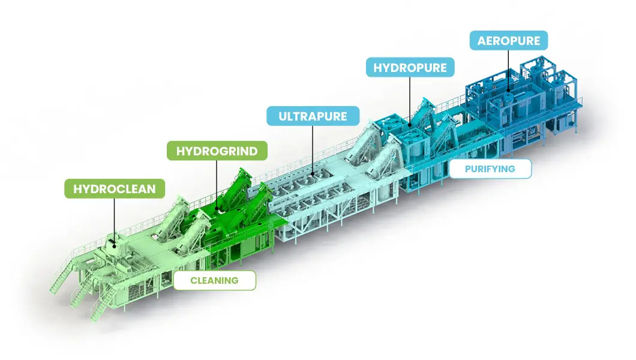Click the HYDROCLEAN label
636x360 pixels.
(x=115, y=189)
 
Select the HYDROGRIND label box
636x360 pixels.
(x=217, y=151)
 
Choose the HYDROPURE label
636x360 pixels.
(x=410, y=68)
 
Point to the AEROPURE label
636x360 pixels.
(x=509, y=41)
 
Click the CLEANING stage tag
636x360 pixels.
(x=214, y=280)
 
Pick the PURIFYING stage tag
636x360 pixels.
(x=490, y=169)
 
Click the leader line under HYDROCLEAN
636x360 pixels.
(x=115, y=219)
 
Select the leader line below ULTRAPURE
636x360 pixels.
(x=313, y=150)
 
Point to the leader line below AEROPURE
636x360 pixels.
(x=509, y=69)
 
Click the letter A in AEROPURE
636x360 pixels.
(x=482, y=41)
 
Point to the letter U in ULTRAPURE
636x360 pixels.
(x=283, y=115)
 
